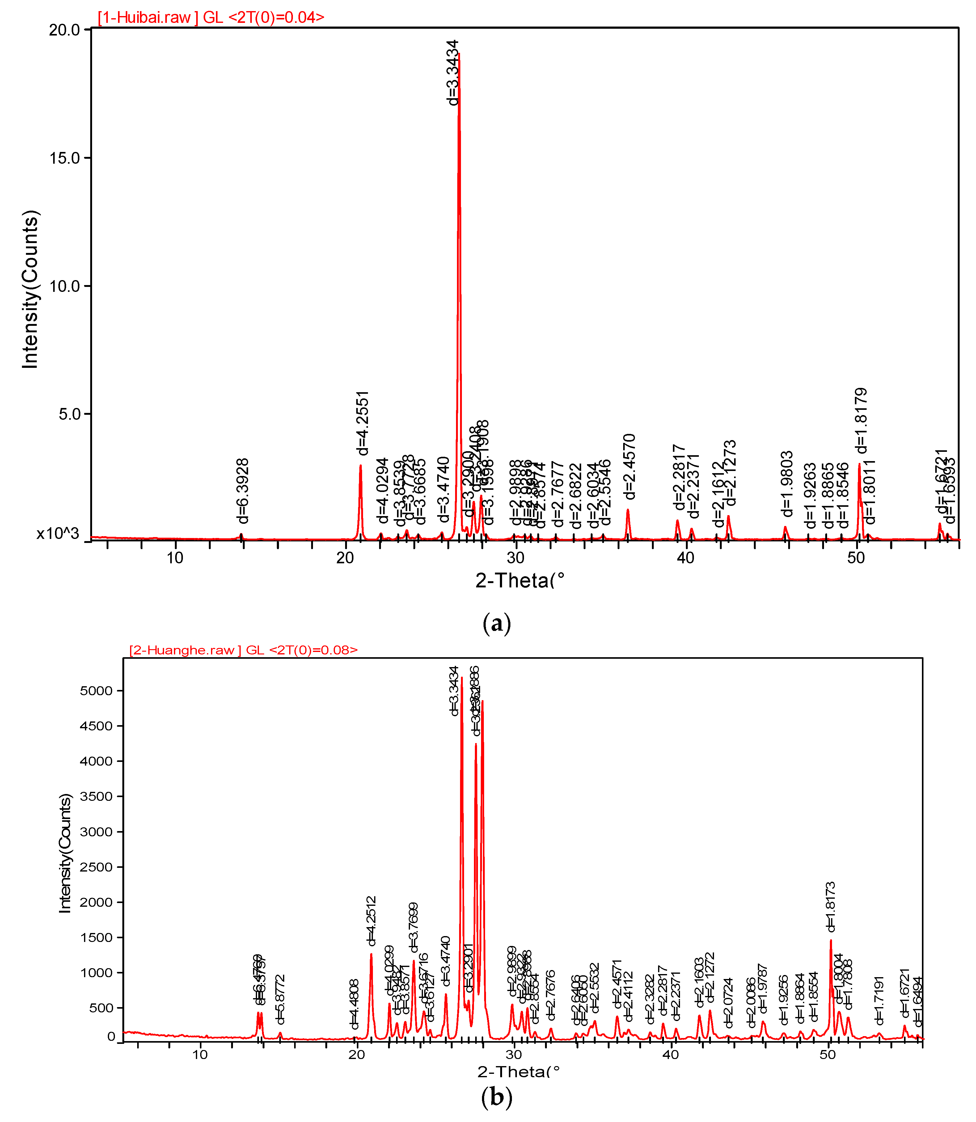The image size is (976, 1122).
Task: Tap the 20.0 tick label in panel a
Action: [x=64, y=30]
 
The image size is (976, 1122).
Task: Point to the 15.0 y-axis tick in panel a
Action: [x=64, y=158]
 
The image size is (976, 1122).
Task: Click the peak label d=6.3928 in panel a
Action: [x=243, y=491]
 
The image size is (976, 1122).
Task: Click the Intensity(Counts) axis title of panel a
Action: [x=31, y=289]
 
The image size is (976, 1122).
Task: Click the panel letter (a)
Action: [x=497, y=623]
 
